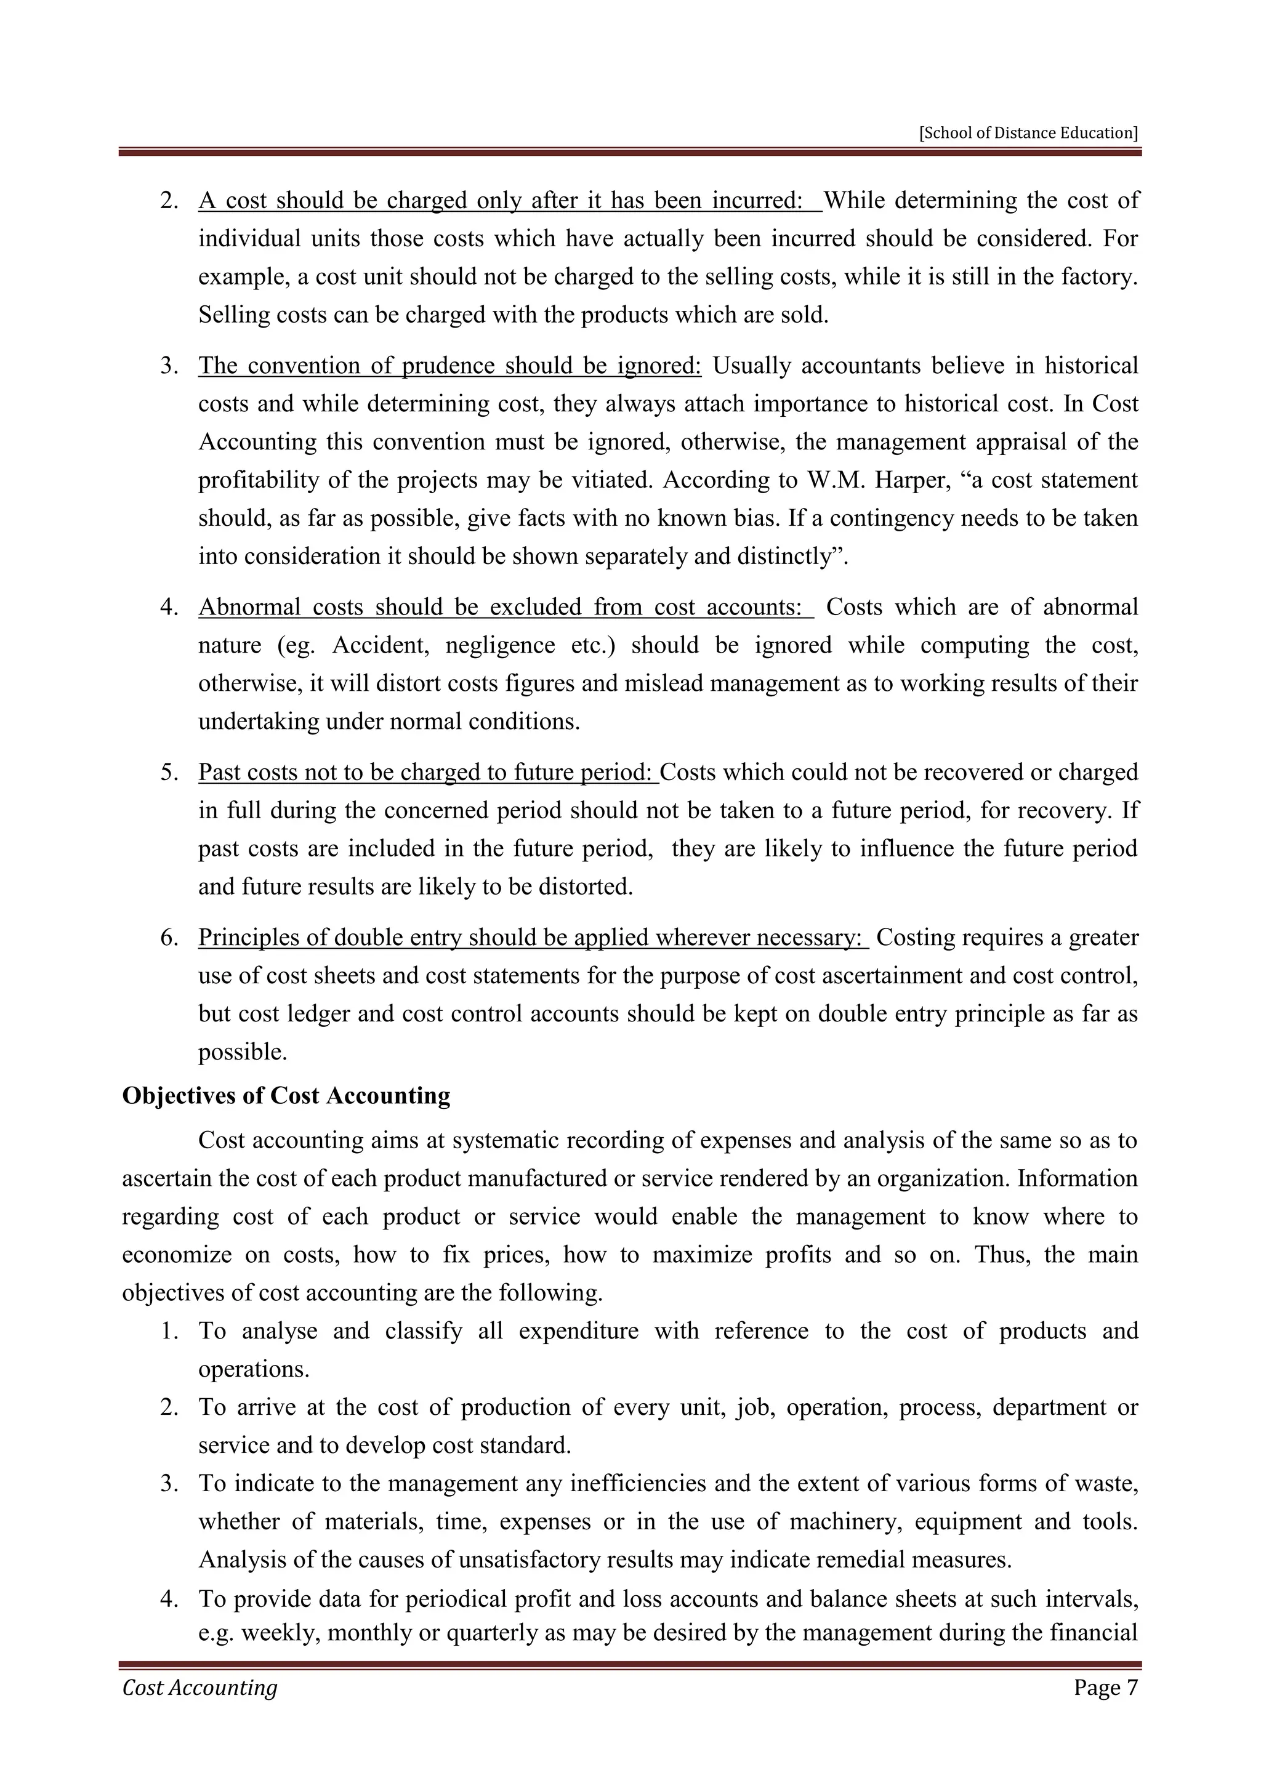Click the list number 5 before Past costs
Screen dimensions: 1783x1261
169,773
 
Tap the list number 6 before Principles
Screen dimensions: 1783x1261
169,938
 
